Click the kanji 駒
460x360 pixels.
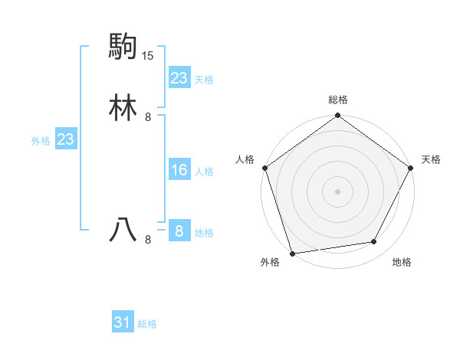coord(123,47)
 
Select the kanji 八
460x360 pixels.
coord(123,231)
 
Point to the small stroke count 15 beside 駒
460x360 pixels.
coord(148,56)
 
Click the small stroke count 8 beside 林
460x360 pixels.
coord(148,117)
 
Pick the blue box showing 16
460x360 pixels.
coord(179,170)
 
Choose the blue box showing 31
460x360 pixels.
coord(123,323)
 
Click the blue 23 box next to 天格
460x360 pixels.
coord(179,78)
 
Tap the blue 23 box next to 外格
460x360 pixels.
coord(65,139)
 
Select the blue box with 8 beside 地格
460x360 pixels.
coord(179,231)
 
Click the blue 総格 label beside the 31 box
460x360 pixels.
coord(147,324)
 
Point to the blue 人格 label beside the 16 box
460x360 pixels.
coord(204,172)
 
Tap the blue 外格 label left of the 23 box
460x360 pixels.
coord(41,141)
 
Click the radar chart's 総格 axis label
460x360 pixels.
coord(338,100)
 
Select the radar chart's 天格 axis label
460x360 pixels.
coord(431,159)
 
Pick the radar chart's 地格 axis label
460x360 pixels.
coord(402,262)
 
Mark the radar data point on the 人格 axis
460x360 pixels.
coord(264,168)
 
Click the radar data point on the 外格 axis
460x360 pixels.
coord(292,253)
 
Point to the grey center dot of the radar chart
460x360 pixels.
coord(337,191)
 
